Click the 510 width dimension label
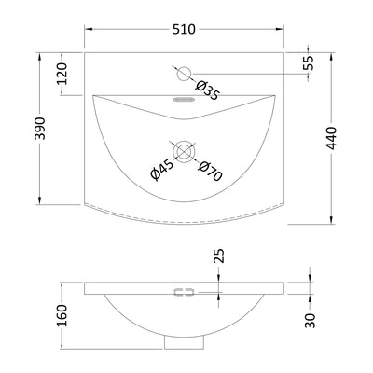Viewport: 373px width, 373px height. [184, 29]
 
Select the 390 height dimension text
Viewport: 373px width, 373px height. [40, 129]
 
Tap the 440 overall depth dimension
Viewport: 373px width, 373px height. [332, 138]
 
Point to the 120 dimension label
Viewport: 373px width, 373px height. [62, 74]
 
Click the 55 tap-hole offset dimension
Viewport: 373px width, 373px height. [309, 63]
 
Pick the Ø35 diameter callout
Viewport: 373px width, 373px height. [208, 90]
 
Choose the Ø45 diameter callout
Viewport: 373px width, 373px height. [161, 170]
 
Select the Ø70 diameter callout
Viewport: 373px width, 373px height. [211, 172]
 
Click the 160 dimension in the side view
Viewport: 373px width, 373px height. [62, 315]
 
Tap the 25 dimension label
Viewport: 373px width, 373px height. [219, 256]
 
